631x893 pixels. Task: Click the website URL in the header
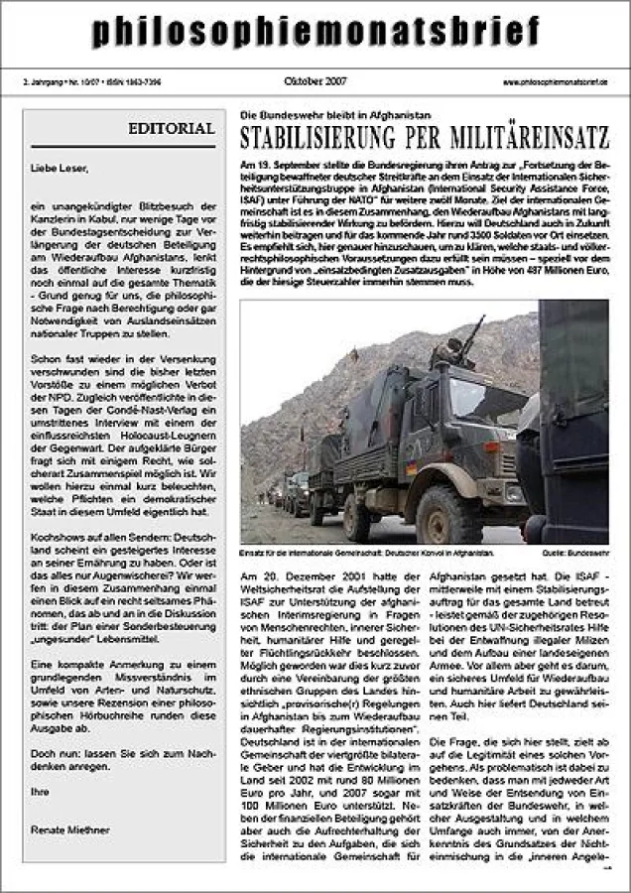555,82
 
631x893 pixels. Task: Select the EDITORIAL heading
171,129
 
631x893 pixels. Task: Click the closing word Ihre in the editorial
40,791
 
